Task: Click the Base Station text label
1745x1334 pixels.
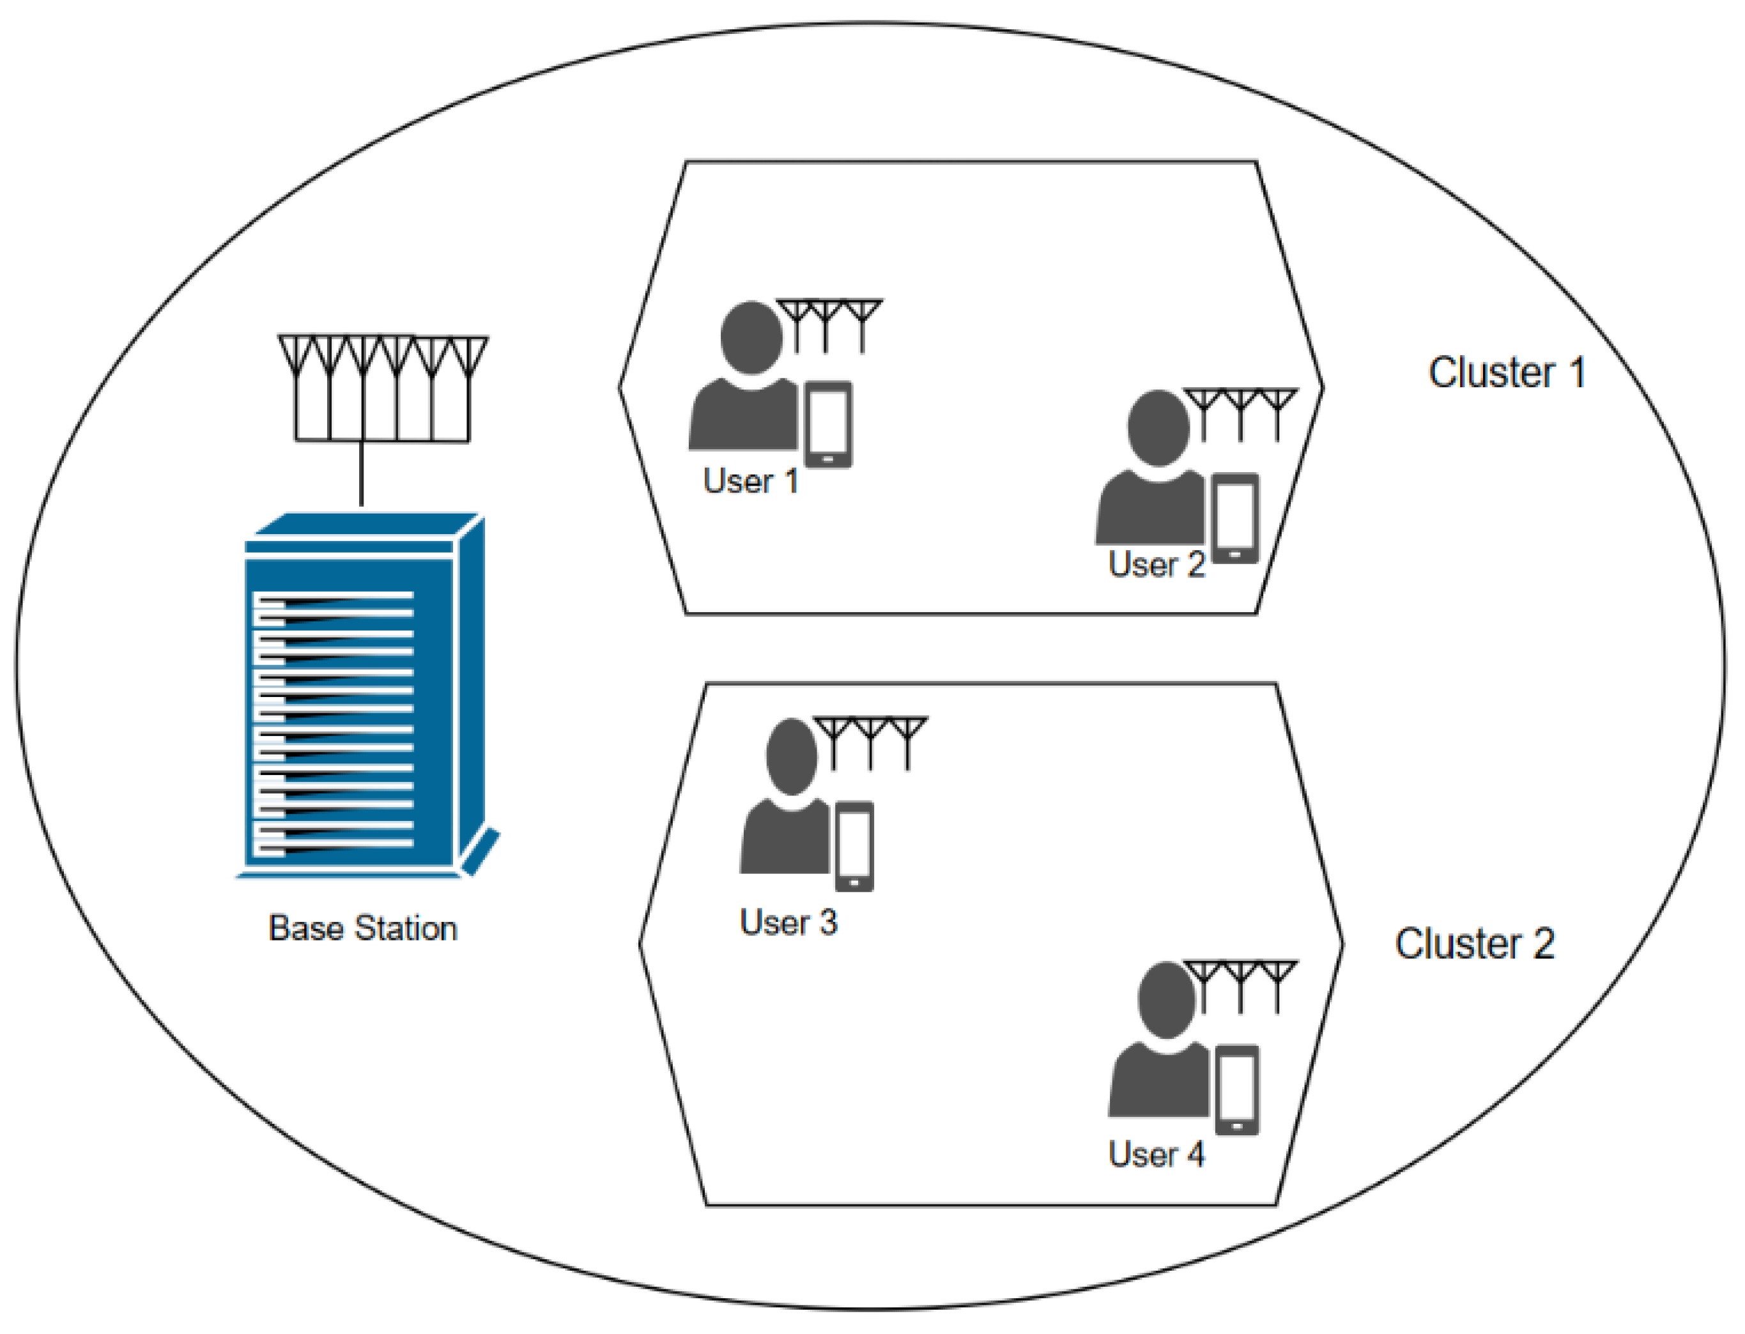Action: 363,928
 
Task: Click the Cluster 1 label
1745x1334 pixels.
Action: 1506,372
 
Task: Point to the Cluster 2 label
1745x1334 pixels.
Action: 1473,944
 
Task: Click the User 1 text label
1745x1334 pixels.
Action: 750,481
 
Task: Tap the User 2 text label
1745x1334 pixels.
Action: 1156,565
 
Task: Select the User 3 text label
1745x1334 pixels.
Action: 788,923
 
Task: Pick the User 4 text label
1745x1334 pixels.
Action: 1156,1154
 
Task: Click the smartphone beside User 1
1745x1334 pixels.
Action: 828,425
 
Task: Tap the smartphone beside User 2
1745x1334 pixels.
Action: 1235,517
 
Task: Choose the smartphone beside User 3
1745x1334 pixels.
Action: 854,847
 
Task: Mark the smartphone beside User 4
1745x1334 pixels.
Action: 1237,1090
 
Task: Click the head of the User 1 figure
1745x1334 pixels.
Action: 751,337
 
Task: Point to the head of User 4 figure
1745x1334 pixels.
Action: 1165,1000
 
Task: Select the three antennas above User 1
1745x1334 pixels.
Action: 828,324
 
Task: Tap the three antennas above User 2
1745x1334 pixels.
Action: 1240,413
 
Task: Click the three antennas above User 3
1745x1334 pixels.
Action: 870,742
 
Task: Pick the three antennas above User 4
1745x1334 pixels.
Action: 1240,985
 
